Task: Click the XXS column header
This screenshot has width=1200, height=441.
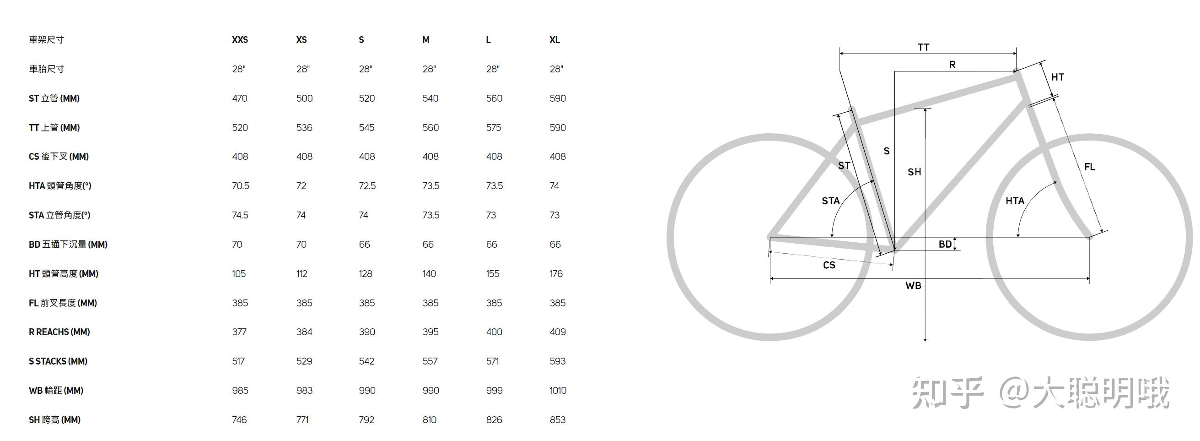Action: (x=240, y=40)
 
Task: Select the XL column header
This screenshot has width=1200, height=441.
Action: (x=554, y=40)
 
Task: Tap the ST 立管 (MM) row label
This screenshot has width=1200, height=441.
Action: (x=54, y=98)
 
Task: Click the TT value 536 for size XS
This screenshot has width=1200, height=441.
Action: (x=304, y=128)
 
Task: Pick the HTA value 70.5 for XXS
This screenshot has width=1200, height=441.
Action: (x=240, y=186)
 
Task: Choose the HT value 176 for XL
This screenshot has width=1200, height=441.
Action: (x=556, y=274)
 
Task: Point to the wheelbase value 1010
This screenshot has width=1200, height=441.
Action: (x=558, y=391)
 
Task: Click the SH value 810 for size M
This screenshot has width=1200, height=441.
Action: (x=430, y=420)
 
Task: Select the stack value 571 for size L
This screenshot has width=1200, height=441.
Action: (x=492, y=361)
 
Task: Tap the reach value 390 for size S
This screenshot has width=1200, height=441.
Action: (x=367, y=332)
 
